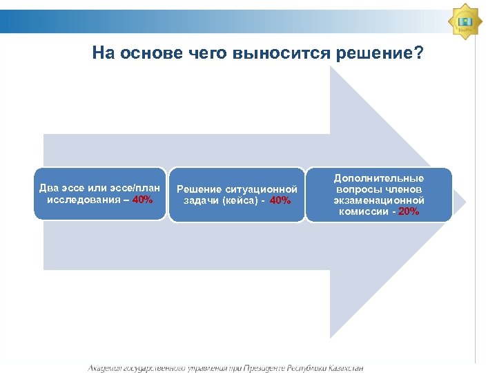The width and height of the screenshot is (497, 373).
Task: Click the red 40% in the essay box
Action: coord(143,200)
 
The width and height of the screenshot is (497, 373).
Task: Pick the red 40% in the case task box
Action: coord(281,200)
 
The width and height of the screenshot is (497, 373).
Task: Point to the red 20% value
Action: coord(409,211)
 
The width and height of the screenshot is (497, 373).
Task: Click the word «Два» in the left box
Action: coord(49,189)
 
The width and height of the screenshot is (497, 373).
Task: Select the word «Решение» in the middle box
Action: coord(199,189)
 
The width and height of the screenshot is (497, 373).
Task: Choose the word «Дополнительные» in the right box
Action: coord(379,178)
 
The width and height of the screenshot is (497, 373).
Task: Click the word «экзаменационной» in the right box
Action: coord(379,200)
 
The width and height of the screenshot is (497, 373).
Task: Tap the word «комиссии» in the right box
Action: coord(362,211)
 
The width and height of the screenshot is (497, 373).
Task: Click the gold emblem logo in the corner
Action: coord(465,21)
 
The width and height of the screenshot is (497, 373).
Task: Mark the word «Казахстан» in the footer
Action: coord(341,368)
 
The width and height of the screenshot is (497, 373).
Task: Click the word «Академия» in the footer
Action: coord(107,368)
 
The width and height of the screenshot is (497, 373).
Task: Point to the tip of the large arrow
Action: coord(464,202)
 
